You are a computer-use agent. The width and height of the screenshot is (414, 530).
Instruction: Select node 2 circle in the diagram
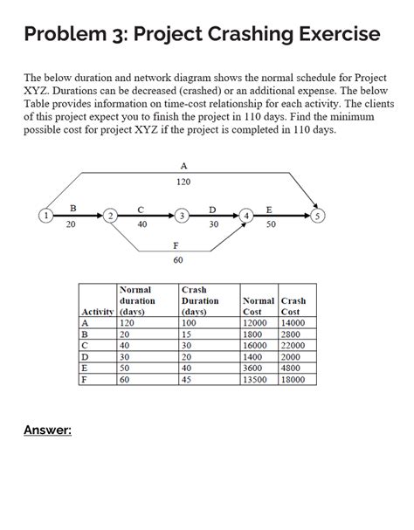109,214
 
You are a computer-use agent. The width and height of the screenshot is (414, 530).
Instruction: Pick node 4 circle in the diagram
248,214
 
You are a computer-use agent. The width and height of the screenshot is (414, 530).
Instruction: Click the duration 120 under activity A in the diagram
183,182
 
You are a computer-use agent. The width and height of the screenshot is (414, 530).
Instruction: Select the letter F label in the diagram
178,245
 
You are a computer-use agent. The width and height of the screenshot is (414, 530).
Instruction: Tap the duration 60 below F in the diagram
178,259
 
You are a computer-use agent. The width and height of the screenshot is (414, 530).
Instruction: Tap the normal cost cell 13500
257,380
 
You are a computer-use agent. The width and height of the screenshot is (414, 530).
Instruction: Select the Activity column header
97,312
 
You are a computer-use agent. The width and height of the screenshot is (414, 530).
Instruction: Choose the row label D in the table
85,357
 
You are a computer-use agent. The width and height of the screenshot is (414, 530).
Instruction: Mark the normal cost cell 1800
253,334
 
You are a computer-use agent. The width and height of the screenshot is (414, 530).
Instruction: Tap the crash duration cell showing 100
190,322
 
